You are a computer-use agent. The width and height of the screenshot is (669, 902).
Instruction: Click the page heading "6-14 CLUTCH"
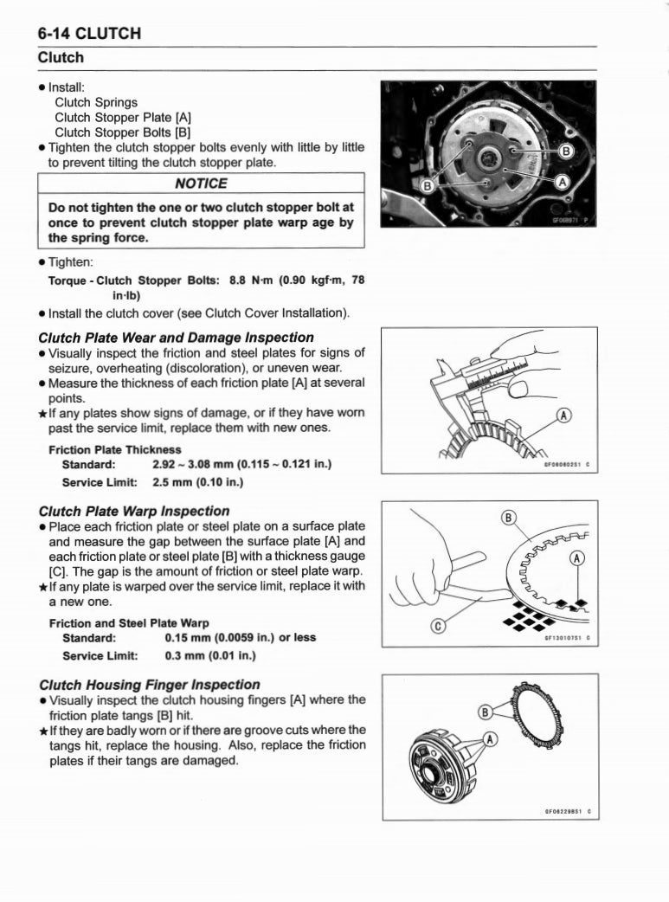pyautogui.click(x=89, y=34)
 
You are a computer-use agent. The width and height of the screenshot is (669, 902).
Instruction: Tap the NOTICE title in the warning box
pyautogui.click(x=201, y=184)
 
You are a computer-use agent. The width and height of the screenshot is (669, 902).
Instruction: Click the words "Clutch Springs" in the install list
pyautogui.click(x=96, y=102)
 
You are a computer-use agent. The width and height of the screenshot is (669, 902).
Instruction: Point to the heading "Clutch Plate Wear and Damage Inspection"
pyautogui.click(x=177, y=337)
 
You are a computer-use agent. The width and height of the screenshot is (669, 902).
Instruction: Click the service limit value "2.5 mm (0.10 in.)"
pyautogui.click(x=197, y=481)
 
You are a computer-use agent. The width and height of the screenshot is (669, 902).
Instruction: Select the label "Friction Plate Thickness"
pyautogui.click(x=115, y=449)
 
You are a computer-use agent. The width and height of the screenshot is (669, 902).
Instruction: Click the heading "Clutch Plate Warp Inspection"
pyautogui.click(x=134, y=511)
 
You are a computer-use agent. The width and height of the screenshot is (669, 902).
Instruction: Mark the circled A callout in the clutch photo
pyautogui.click(x=560, y=183)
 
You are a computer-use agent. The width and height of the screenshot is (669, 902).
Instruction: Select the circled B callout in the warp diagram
pyautogui.click(x=510, y=519)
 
